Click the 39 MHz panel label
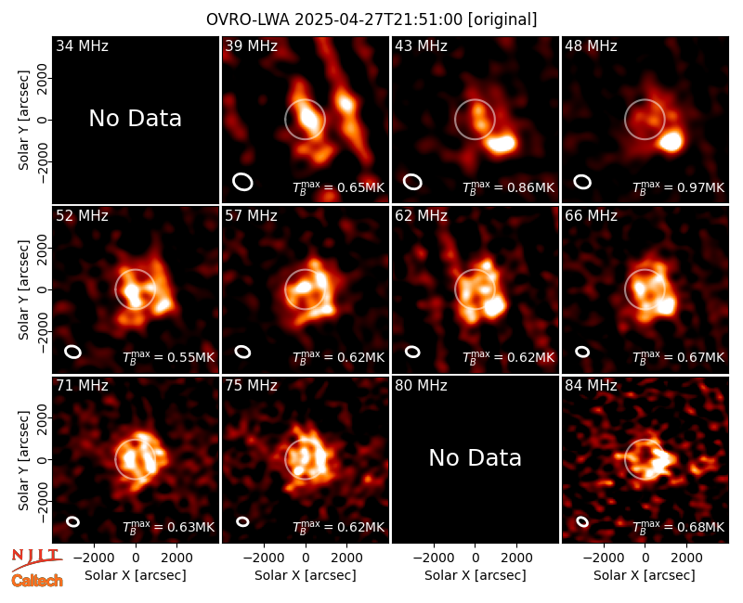pos(251,45)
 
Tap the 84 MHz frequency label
pos(591,386)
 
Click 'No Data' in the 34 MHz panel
pos(136,119)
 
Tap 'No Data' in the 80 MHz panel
pos(476,457)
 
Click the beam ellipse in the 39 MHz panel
pos(242,182)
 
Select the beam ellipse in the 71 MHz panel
pos(73,521)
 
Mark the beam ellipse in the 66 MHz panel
pos(582,352)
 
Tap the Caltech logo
pos(37,581)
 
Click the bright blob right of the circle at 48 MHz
pos(671,142)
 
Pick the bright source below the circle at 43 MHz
pos(501,143)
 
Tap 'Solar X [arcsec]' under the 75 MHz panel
pos(306,575)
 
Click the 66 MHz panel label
pos(591,216)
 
